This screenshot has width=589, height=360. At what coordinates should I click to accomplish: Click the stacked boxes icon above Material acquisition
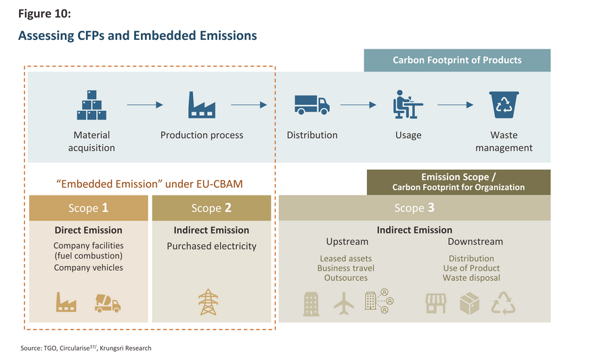click(92, 106)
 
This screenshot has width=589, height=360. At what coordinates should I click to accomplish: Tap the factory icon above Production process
click(201, 105)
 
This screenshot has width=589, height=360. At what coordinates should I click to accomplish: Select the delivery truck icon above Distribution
click(311, 105)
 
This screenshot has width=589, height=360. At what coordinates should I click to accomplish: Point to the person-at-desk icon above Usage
click(408, 105)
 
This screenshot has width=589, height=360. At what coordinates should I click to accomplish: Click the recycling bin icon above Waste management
click(504, 105)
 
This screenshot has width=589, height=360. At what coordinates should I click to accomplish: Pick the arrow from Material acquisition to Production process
click(146, 105)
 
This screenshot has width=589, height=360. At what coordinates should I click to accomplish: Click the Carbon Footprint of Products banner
click(457, 60)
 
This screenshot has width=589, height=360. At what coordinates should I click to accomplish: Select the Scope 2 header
click(212, 208)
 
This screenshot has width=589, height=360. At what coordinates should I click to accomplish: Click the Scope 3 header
click(414, 208)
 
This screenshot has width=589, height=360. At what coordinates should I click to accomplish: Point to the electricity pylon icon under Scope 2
click(208, 302)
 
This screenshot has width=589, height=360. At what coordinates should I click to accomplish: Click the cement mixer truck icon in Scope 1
click(107, 302)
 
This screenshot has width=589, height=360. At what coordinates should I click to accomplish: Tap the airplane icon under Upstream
click(344, 303)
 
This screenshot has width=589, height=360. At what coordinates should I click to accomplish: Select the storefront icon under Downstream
click(436, 303)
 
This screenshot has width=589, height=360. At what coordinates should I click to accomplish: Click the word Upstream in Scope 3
click(347, 242)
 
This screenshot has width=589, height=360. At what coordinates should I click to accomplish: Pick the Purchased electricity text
click(212, 246)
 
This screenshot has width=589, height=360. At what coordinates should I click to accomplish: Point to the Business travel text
click(345, 268)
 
